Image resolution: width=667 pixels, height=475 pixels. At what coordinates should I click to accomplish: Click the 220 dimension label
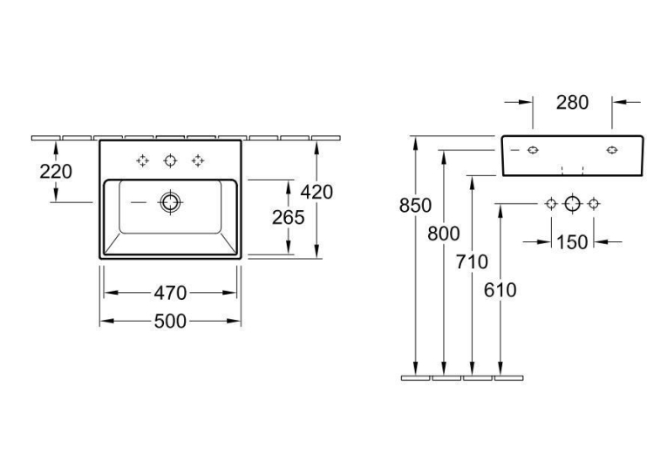point(56,172)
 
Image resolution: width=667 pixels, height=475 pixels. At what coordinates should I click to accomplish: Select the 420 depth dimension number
point(316,193)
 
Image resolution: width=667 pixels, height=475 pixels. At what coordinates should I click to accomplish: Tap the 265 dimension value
point(289,218)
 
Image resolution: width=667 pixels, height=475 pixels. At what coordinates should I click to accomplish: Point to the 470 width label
point(170,293)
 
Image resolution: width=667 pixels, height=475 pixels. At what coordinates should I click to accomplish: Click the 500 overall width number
point(170,322)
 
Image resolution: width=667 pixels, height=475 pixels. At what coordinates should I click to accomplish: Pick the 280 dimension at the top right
point(573,103)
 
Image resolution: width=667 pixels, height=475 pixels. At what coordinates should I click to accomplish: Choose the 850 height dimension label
point(415,206)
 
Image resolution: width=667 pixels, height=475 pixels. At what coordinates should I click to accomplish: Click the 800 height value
point(444,234)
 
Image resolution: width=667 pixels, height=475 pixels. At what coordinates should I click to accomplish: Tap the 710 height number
point(472,262)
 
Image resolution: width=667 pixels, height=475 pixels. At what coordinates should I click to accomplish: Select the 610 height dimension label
point(500,290)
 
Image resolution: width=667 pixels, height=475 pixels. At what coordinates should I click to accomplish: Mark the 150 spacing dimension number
point(572,242)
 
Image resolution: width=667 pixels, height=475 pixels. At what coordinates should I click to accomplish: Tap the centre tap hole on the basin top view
point(170,155)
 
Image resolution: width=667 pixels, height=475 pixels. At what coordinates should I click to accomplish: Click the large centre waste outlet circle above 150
point(573,197)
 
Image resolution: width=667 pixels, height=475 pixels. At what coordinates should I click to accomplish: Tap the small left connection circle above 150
point(551,200)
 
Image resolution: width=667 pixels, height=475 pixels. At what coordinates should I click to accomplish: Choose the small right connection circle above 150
point(594,200)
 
